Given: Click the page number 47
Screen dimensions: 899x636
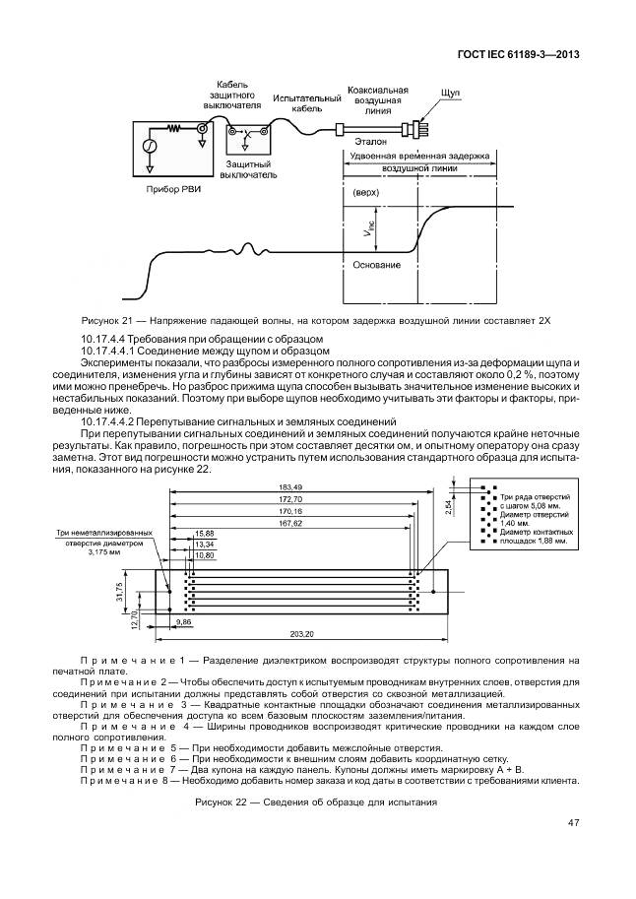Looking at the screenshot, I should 573,823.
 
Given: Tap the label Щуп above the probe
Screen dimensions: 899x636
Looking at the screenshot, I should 452,91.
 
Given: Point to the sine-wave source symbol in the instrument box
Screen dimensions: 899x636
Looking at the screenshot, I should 151,147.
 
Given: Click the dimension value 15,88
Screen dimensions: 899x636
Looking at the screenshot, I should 204,533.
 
